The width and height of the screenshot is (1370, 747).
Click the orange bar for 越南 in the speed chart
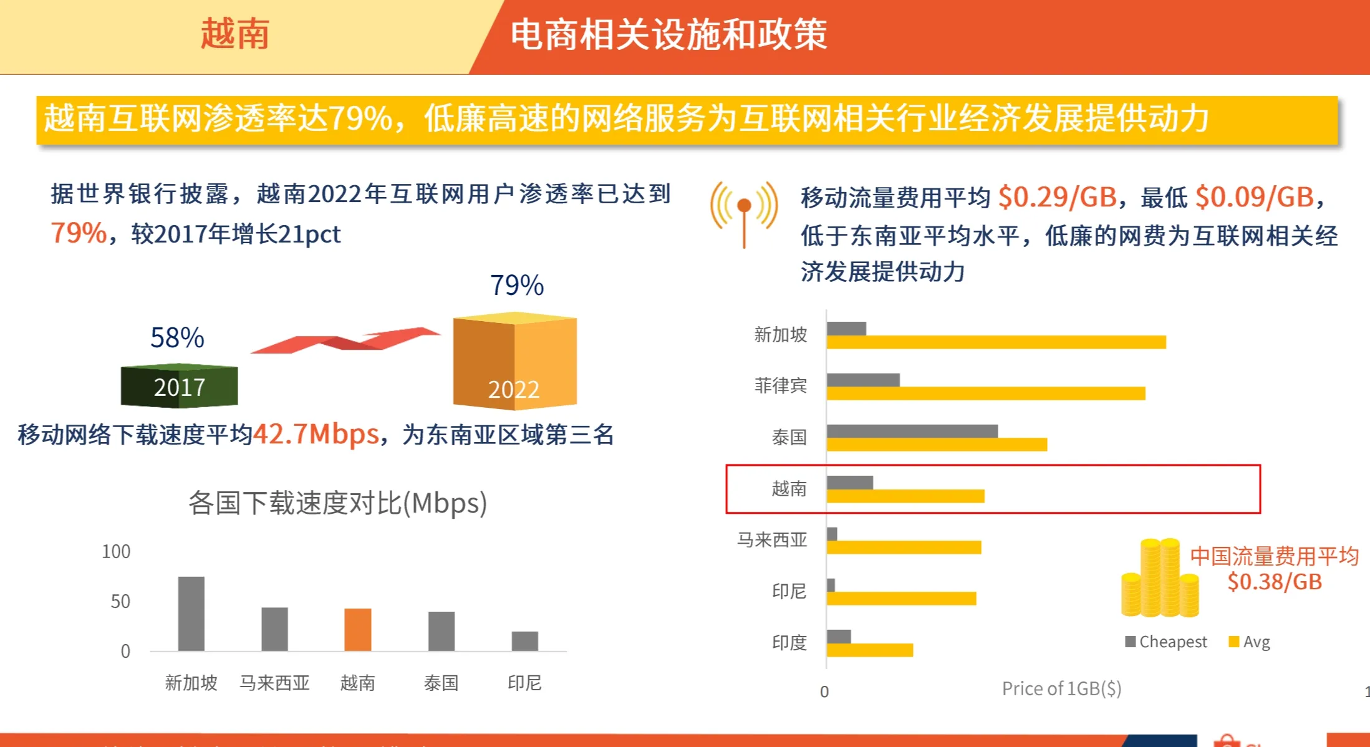357,629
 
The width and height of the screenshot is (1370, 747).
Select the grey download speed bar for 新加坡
191,614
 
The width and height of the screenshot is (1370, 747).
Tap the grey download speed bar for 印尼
524,641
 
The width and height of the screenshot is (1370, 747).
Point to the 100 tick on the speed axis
116,552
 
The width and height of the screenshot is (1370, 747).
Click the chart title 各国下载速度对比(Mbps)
337,503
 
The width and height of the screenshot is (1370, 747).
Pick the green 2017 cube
179,386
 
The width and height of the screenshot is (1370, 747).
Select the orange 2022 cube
514,362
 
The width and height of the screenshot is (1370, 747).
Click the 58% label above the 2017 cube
177,338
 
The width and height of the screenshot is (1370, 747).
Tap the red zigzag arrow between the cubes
346,340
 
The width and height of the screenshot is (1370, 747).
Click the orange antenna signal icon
743,212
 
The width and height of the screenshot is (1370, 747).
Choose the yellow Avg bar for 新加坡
996,342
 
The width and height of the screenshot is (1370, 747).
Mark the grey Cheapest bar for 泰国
912,431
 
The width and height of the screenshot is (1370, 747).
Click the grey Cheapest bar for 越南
849,482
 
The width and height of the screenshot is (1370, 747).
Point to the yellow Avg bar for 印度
869,650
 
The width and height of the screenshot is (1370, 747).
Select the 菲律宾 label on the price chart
780,386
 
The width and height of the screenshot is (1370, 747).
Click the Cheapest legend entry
1166,642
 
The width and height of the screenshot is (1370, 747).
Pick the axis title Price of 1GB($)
1061,688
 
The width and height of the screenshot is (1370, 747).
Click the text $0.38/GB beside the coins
1275,582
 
